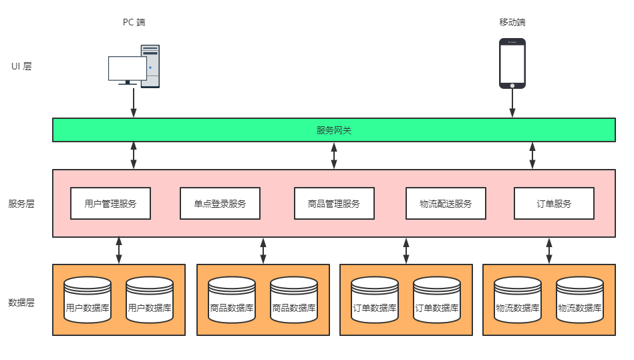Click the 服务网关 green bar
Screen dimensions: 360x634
tap(333, 130)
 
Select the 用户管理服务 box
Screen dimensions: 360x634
tap(110, 204)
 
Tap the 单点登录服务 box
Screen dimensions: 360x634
tap(220, 204)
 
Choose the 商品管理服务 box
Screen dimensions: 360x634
tap(334, 204)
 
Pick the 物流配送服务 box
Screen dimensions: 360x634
tap(446, 204)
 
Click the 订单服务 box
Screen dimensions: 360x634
tap(554, 204)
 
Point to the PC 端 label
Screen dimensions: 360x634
tap(134, 22)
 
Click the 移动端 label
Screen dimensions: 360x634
tap(512, 22)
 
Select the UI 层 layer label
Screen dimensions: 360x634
tap(21, 66)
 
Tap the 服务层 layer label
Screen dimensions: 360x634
tap(21, 204)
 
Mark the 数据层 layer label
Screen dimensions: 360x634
tap(21, 302)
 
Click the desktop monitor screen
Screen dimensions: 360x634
tap(127, 68)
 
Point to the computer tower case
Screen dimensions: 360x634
tap(151, 65)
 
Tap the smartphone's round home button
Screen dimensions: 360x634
tap(512, 85)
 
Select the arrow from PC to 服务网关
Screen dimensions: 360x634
tap(134, 102)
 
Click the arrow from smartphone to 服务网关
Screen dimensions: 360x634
tap(512, 102)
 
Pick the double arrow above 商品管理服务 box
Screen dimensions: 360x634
tap(334, 155)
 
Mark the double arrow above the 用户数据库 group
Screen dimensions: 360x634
tap(119, 250)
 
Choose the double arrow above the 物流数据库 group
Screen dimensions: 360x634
tap(549, 250)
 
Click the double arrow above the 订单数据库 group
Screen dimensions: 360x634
tap(406, 250)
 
